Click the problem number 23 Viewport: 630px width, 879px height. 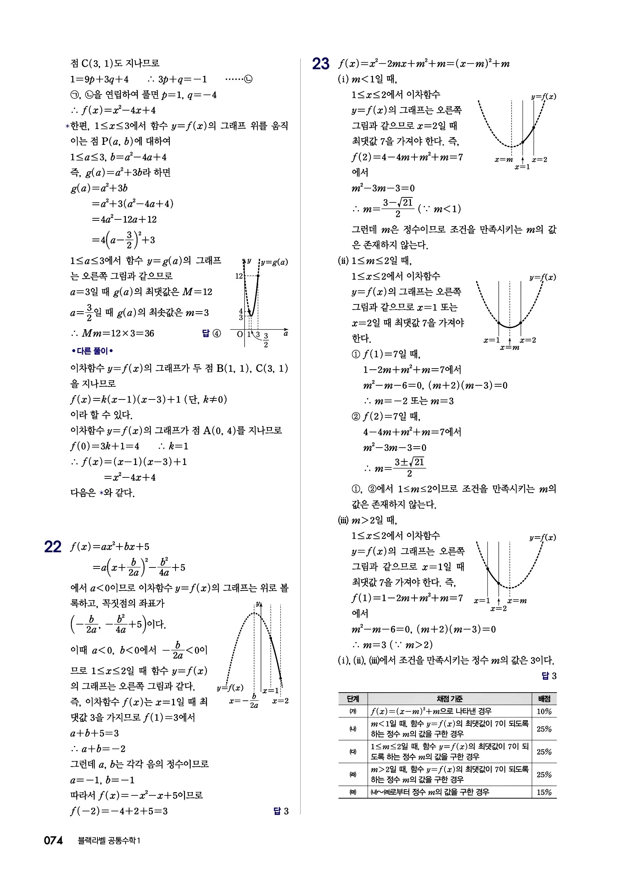click(x=320, y=64)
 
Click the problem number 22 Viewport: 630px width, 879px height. click(x=53, y=547)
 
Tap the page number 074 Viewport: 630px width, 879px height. click(x=53, y=840)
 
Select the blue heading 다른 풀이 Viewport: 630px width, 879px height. click(x=92, y=351)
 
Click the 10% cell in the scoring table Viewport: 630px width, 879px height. click(x=544, y=711)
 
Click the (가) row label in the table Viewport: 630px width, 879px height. click(x=353, y=711)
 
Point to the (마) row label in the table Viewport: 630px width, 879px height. click(x=353, y=792)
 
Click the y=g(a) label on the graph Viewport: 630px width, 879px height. click(x=274, y=262)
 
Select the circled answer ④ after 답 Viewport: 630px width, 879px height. click(x=217, y=333)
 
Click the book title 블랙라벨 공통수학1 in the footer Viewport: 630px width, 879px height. click(x=109, y=840)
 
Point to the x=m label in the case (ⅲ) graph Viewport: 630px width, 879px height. click(x=517, y=601)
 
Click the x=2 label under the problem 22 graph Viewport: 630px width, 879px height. click(x=280, y=701)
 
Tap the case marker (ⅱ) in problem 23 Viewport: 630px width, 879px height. click(x=343, y=261)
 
